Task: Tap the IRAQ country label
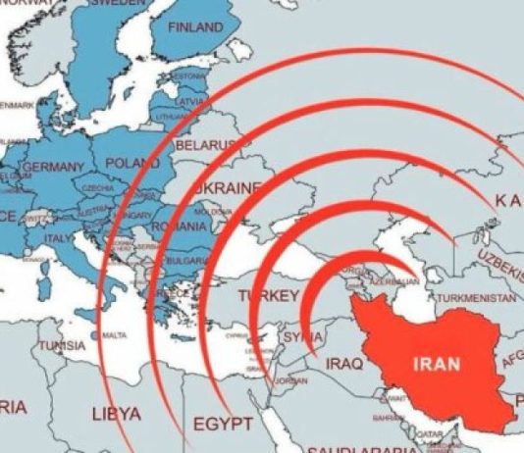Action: click(x=342, y=364)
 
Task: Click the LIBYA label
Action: click(x=116, y=413)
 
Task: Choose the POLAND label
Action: click(x=131, y=161)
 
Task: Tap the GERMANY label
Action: click(x=54, y=168)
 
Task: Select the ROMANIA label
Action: click(x=180, y=226)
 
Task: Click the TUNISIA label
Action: click(x=61, y=345)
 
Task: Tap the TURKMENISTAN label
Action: click(x=475, y=296)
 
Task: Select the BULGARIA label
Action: click(x=184, y=261)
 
